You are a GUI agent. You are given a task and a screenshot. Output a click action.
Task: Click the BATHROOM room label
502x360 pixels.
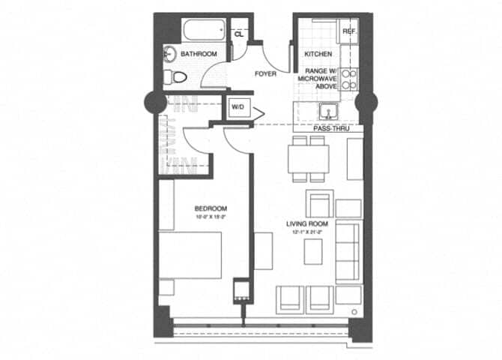pyautogui.click(x=199, y=54)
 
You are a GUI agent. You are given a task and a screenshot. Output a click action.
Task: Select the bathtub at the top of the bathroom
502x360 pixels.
pyautogui.click(x=202, y=31)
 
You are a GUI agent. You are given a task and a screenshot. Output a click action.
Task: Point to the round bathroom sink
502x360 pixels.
pyautogui.click(x=169, y=54)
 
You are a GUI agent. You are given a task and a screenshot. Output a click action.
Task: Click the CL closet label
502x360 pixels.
pyautogui.click(x=239, y=34)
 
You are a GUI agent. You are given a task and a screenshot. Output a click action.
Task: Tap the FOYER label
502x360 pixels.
pyautogui.click(x=265, y=74)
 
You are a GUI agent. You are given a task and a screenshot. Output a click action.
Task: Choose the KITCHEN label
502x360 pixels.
pyautogui.click(x=318, y=55)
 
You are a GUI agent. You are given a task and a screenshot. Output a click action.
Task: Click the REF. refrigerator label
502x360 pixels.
pyautogui.click(x=349, y=31)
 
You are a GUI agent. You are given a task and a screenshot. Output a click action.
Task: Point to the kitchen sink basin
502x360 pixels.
pyautogui.click(x=327, y=113)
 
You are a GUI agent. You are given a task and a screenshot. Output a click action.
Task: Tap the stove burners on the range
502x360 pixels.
pyautogui.click(x=349, y=79)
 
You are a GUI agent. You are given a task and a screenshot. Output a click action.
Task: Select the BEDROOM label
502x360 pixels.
pyautogui.click(x=211, y=208)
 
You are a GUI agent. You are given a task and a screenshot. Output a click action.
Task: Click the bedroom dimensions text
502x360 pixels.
pyautogui.click(x=211, y=217)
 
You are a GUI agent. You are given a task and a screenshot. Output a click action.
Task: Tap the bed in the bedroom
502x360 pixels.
pyautogui.click(x=191, y=255)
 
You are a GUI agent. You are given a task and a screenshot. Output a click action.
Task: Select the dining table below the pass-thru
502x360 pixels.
pyautogui.click(x=308, y=157)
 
